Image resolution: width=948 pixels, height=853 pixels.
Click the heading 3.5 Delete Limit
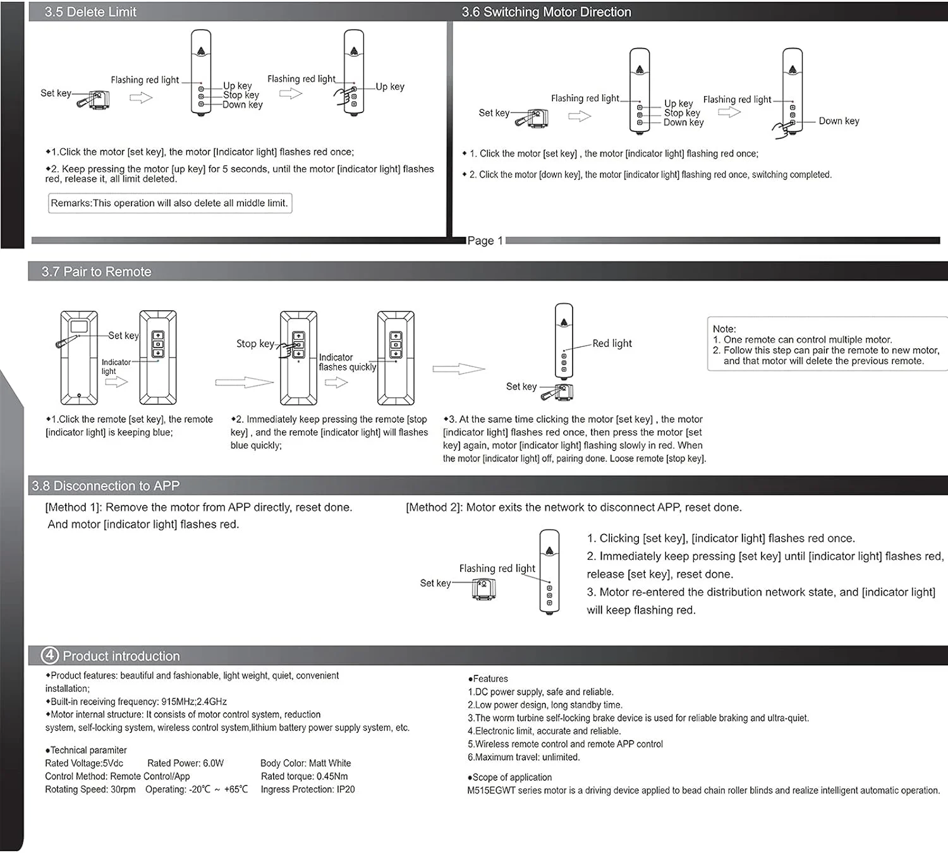click(90, 12)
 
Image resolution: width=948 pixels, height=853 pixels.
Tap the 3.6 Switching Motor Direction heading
click(546, 12)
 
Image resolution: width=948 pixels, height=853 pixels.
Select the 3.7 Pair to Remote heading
click(96, 272)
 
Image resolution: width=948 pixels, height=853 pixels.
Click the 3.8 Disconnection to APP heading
click(106, 486)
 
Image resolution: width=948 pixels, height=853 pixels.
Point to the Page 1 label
click(485, 241)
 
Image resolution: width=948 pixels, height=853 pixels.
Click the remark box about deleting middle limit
click(169, 203)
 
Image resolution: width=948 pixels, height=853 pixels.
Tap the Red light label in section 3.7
click(612, 343)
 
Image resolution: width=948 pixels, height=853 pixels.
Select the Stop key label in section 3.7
click(255, 344)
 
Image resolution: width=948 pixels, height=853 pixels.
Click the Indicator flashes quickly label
click(347, 362)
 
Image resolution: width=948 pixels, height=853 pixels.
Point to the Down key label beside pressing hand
click(839, 121)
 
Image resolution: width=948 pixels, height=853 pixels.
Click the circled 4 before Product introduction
click(49, 655)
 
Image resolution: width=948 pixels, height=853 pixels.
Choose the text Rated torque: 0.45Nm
click(304, 776)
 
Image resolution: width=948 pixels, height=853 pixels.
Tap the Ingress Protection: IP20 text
click(308, 789)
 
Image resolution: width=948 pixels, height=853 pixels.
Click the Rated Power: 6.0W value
click(185, 763)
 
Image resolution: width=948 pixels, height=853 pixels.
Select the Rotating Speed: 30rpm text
click(90, 789)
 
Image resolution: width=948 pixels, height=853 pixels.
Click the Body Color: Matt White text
click(305, 763)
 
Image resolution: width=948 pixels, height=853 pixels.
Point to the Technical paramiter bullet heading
click(87, 750)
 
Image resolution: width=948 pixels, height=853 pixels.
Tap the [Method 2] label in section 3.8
click(434, 507)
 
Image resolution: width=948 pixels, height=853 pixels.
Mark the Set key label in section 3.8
click(435, 583)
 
